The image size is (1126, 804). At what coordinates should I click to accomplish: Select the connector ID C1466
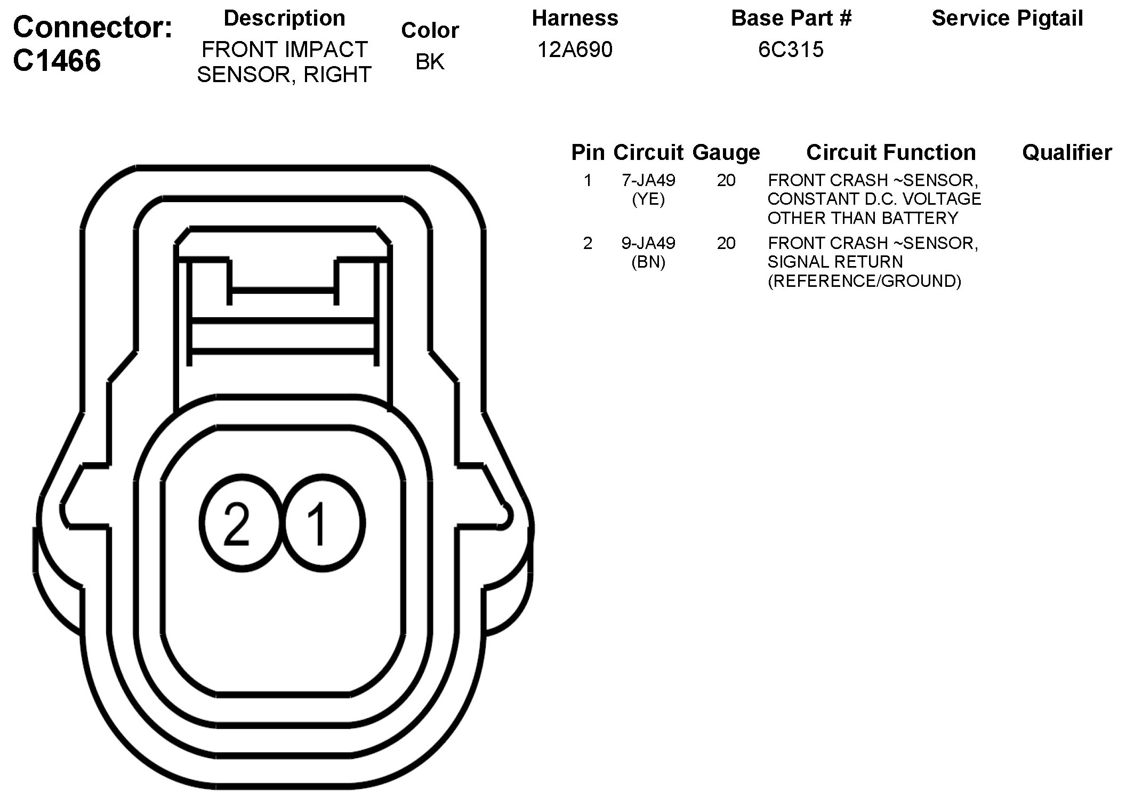tap(57, 61)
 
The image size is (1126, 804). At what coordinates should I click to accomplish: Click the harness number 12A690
tap(575, 50)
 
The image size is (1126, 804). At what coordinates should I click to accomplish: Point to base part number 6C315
tap(791, 50)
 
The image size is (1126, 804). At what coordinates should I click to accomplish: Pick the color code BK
tap(430, 62)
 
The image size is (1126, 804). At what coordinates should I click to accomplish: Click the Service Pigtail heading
tap(1007, 18)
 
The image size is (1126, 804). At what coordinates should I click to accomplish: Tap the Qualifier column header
tap(1067, 152)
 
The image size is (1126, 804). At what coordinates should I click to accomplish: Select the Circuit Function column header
tap(891, 152)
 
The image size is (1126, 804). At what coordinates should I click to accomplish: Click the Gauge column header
tap(726, 153)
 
